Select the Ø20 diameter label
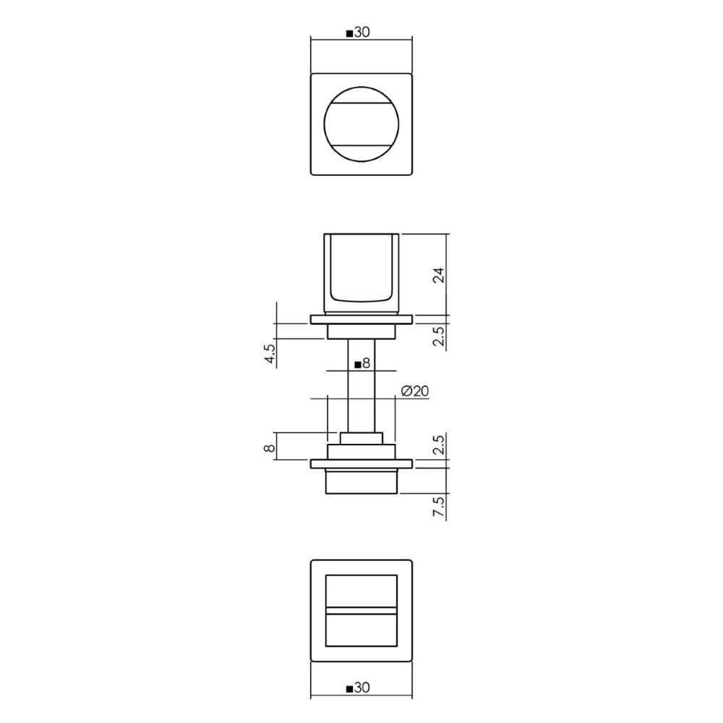tap(414, 391)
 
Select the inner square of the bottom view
tap(361, 611)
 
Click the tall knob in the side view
tap(361, 273)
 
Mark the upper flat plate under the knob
tap(361, 320)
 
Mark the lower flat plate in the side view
tap(361, 463)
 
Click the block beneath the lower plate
tap(361, 481)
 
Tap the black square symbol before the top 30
tap(351, 33)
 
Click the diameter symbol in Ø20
tap(406, 391)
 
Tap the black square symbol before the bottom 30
tap(351, 690)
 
